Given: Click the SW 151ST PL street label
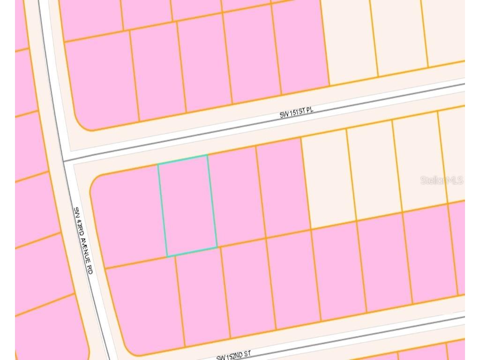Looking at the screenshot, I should [296, 112].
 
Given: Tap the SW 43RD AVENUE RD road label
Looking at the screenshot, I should [83, 241].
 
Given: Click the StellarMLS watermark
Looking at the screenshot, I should [442, 180].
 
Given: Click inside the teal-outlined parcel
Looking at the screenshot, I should [187, 205].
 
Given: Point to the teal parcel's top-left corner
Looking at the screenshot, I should [158, 164].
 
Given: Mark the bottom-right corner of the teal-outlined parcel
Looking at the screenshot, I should [217, 247].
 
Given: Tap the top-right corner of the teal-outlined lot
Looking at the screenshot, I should [207, 156].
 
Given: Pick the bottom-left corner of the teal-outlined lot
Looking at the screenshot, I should [167, 256].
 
